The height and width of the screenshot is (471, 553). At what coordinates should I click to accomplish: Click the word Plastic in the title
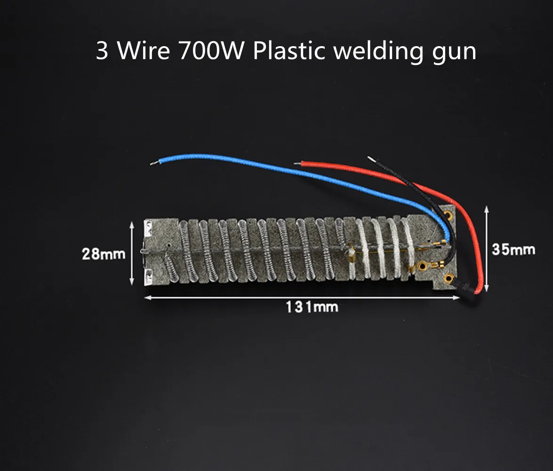tap(289, 50)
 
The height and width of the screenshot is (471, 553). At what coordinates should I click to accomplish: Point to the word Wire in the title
tap(143, 50)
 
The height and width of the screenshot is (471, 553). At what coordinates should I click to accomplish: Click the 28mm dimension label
tap(104, 254)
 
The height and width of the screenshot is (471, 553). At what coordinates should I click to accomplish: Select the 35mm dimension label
tap(513, 249)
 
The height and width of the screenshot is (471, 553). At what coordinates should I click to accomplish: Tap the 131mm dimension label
tap(312, 307)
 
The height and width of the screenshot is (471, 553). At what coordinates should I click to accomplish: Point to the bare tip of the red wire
tap(297, 164)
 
